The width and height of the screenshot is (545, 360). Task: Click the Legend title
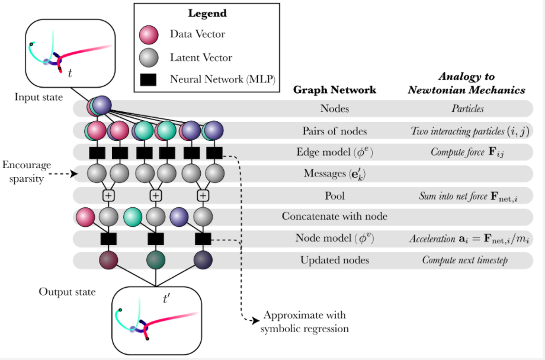207,13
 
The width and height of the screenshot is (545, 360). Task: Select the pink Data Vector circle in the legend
149,35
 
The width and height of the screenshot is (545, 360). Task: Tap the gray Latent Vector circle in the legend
149,57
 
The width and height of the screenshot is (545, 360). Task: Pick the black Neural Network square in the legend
148,79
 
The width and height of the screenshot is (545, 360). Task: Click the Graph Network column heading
335,90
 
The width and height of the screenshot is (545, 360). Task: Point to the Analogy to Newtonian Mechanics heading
466,83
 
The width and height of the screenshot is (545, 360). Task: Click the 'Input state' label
39,97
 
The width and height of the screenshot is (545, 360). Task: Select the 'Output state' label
67,291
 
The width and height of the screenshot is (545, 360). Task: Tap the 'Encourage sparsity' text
27,171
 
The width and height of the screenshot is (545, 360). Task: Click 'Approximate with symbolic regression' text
304,322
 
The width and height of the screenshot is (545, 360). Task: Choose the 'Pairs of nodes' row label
335,131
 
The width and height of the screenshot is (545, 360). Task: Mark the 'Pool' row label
335,195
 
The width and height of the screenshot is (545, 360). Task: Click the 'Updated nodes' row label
335,260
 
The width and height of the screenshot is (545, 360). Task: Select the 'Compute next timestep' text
465,260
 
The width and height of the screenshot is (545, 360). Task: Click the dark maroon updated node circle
108,260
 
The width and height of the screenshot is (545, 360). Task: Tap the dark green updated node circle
156,260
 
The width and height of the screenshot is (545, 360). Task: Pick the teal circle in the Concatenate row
133,216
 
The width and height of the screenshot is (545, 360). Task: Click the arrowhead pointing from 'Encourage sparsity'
75,173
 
